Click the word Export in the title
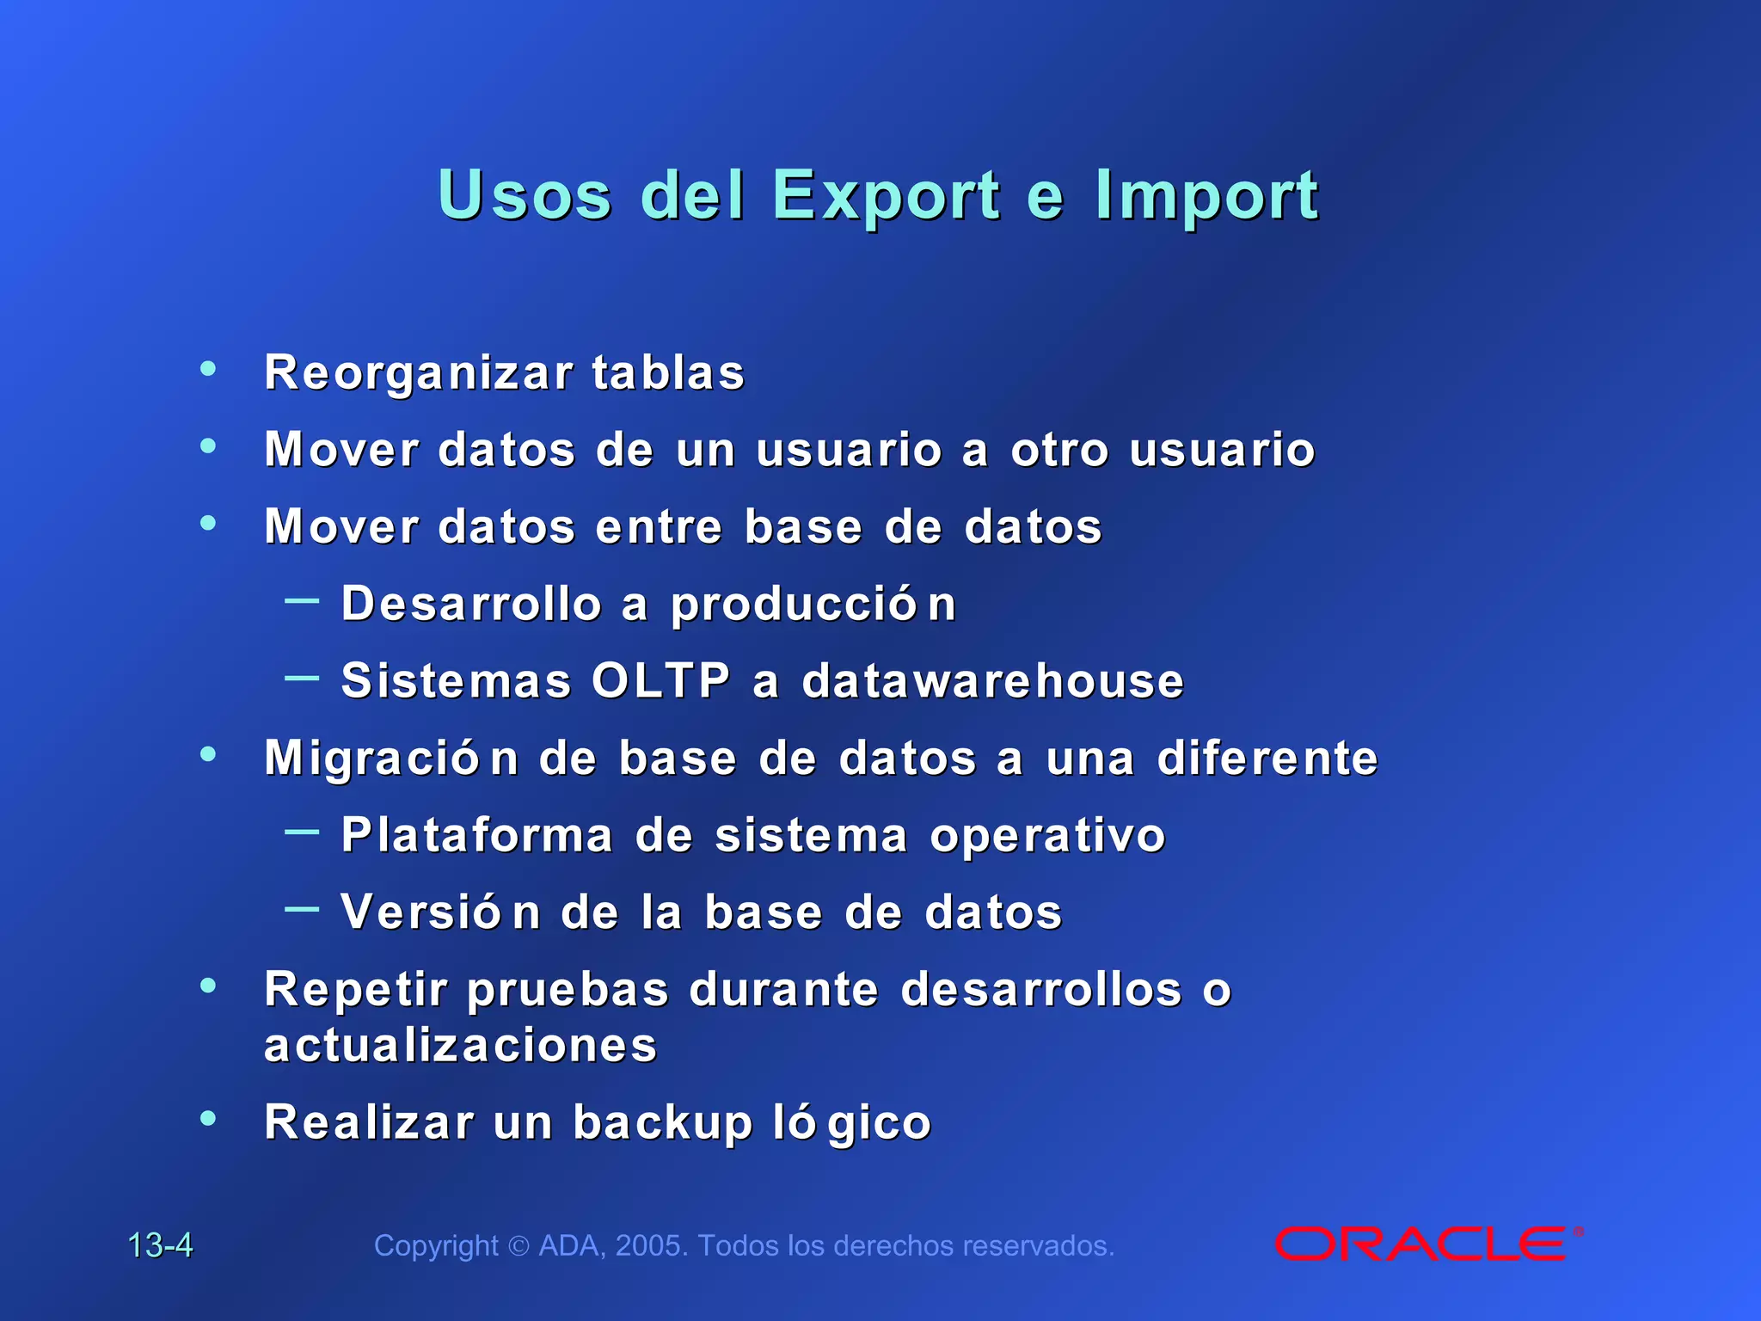tap(886, 196)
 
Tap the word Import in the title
tap(1206, 196)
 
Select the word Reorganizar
tap(419, 373)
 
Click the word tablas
tap(668, 373)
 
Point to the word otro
tap(1059, 450)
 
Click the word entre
tap(659, 526)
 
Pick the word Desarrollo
tap(471, 603)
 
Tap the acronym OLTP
tap(660, 680)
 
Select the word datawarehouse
tap(993, 680)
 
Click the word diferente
tap(1267, 758)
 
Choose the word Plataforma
tap(477, 834)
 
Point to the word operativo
tap(1047, 834)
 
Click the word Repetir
tap(356, 989)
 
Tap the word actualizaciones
tap(461, 1046)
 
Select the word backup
tap(662, 1122)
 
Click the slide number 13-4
tap(160, 1245)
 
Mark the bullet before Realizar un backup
tap(208, 1119)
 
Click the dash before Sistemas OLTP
tap(302, 678)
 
